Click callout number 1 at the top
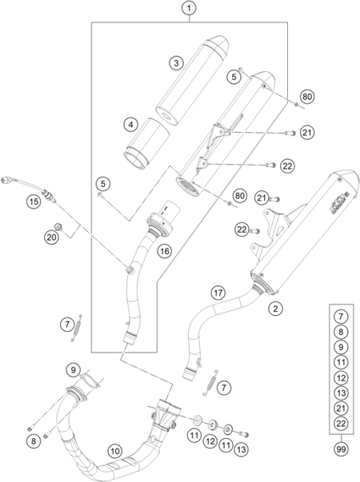pos(189,8)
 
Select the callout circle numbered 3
pos(176,63)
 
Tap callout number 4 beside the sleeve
pos(131,125)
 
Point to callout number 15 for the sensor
pos(34,201)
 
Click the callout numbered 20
pos(51,237)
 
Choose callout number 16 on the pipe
pos(165,251)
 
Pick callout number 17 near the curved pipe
pos(218,293)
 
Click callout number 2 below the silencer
pos(275,308)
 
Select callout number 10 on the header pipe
pos(114,451)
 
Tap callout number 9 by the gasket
pos(73,369)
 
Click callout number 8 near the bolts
pos(34,441)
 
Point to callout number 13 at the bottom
pos(242,450)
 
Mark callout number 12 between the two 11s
pos(210,442)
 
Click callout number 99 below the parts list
pos(341,449)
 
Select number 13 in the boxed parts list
pos(341,392)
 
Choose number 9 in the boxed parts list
pos(341,347)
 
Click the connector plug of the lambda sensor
pos(6,180)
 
